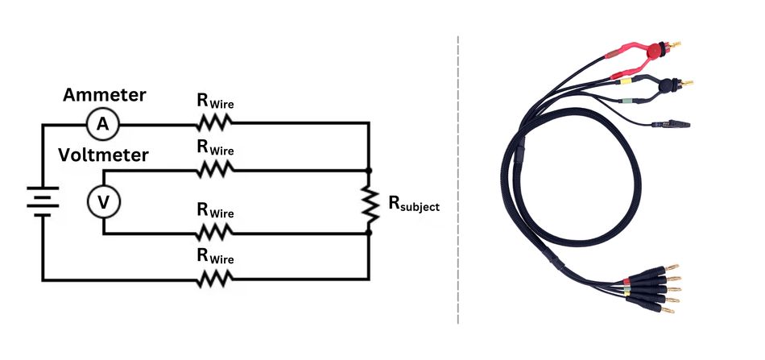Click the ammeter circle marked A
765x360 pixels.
coord(102,123)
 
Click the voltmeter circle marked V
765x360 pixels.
coord(103,203)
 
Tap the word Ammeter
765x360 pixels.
coord(105,95)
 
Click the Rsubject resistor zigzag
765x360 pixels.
coord(369,202)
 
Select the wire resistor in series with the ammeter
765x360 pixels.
coord(215,123)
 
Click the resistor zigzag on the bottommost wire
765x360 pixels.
coord(215,279)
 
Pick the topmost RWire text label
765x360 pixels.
coord(215,101)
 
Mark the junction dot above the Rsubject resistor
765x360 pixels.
coord(369,171)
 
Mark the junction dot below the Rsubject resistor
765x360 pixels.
coord(369,233)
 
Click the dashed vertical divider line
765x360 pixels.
coord(458,177)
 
